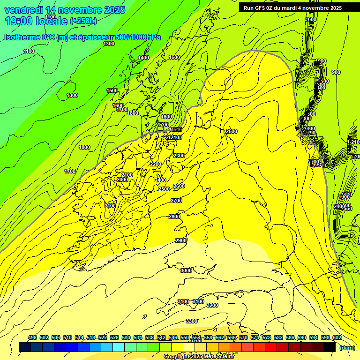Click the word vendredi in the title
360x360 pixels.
23,10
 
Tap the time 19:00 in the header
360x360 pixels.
19,21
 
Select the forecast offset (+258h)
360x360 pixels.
83,21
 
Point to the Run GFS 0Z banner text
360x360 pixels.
292,7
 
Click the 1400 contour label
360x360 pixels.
143,58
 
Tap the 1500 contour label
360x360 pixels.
112,90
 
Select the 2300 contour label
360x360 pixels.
179,156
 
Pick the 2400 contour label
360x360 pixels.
160,180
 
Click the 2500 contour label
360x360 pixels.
164,189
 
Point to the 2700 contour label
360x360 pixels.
176,201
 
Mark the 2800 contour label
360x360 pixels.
174,217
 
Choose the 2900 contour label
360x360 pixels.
181,240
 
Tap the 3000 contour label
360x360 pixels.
186,270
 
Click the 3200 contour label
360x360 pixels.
212,305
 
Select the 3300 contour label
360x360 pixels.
191,321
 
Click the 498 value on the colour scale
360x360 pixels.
32,337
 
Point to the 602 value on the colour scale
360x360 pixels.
337,337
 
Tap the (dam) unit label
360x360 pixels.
347,347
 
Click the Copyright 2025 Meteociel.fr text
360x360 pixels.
198,357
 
